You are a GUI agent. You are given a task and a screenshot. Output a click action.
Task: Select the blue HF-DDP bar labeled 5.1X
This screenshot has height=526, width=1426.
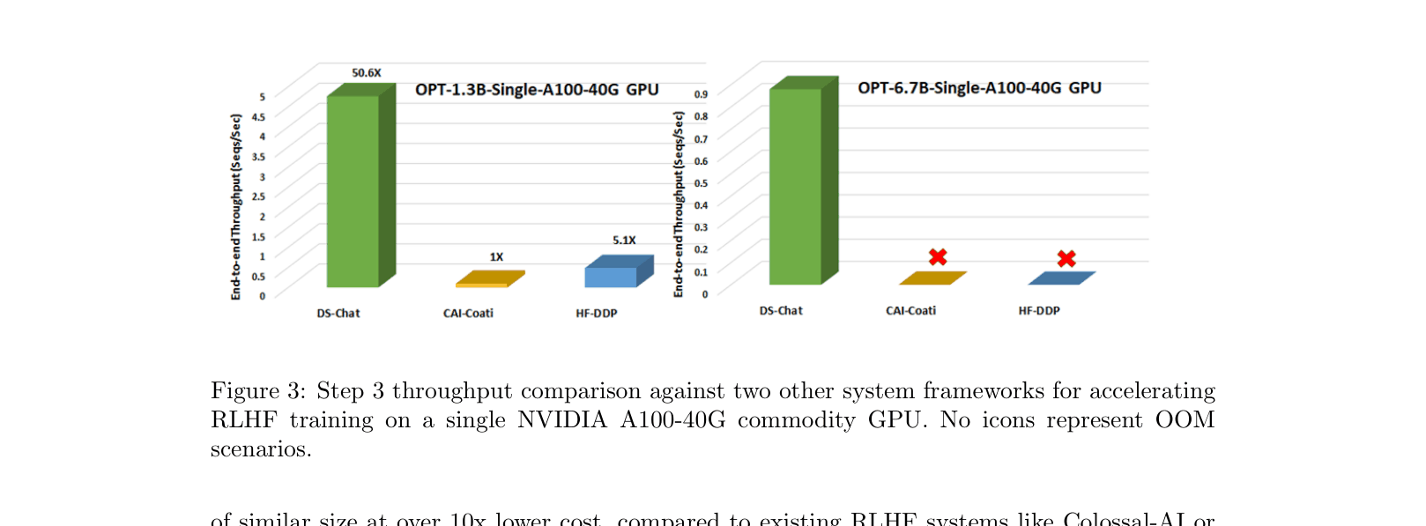click(611, 277)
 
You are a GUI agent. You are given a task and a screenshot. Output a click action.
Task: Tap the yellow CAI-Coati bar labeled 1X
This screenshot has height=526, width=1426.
click(482, 284)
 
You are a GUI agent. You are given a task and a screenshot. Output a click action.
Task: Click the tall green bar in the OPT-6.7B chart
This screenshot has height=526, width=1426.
click(796, 186)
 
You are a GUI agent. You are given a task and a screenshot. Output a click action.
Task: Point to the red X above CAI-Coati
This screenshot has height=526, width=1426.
click(938, 257)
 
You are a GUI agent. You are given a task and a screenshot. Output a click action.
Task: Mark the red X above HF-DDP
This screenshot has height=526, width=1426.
click(1066, 259)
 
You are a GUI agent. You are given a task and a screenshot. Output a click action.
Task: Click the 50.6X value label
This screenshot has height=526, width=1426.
click(367, 73)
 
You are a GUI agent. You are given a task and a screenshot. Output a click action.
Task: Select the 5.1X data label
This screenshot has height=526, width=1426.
click(624, 241)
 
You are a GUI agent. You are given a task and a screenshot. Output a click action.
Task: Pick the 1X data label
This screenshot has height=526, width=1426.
click(496, 257)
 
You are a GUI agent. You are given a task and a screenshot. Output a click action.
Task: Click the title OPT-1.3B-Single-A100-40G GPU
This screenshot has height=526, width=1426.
click(537, 90)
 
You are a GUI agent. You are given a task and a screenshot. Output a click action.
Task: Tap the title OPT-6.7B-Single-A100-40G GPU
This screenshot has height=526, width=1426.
click(979, 88)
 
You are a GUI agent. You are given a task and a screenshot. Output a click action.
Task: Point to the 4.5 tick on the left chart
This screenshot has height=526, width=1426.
click(258, 116)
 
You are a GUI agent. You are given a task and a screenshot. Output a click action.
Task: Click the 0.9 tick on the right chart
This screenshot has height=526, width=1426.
click(701, 94)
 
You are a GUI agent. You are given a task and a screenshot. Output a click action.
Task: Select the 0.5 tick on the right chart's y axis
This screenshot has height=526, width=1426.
click(701, 183)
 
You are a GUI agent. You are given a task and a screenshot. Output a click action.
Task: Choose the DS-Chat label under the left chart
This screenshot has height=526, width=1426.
click(338, 314)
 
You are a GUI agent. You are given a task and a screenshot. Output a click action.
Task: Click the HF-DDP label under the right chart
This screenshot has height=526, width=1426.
click(1039, 311)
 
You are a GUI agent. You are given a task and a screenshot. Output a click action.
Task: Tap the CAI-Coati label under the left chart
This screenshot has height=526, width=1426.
click(468, 314)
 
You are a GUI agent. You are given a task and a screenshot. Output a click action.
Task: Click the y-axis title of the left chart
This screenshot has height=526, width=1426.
click(235, 207)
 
